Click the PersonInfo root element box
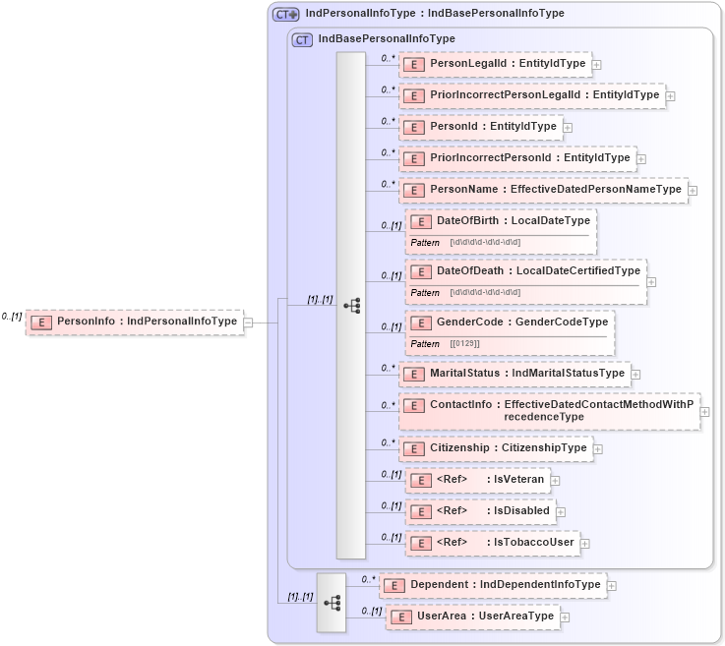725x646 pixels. click(135, 322)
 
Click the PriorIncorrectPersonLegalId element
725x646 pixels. click(532, 95)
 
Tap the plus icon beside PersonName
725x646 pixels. click(694, 191)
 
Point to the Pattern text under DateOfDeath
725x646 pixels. click(425, 292)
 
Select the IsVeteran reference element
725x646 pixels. click(477, 480)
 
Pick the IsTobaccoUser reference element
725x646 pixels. click(492, 543)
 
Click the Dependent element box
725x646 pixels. click(492, 585)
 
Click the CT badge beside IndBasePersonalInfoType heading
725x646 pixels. click(303, 39)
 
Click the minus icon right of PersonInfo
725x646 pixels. click(248, 322)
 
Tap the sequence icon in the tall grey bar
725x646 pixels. click(351, 306)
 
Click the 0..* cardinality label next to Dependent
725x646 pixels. click(368, 579)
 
